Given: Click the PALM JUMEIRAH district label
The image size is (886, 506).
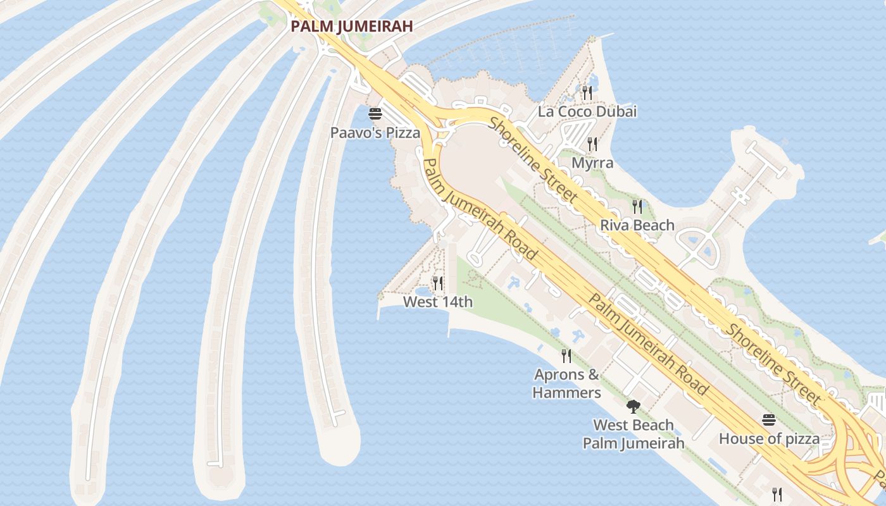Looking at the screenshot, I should pos(351,26).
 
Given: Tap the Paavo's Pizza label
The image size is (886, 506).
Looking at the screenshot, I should pos(375,133).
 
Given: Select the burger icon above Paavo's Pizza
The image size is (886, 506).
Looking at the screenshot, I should pos(375,114).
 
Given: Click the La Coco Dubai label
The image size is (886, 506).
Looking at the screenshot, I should pos(587,112).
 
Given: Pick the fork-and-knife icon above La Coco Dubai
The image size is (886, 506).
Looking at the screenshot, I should pos(587,93).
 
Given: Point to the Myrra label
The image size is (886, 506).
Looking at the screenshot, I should pos(592,163).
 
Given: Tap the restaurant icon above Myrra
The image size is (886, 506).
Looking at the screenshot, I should pos(592,144).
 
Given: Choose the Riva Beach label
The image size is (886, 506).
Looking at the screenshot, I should pos(637,225).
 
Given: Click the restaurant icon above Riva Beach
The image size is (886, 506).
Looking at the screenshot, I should pos(637,206).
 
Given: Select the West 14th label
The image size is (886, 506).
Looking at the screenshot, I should pos(438,302).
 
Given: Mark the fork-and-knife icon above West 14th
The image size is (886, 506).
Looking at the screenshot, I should pos(437,283).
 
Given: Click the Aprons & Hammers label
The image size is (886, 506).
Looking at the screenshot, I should pos(566,383).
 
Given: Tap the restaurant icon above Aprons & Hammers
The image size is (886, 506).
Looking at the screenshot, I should pos(566,356).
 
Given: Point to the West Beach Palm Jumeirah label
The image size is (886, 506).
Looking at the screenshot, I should pos(633,434).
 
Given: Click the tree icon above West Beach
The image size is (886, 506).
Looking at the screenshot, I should pos(633,406).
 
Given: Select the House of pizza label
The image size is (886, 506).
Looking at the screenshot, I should pos(769,438).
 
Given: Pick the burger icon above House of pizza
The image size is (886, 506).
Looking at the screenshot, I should pos(769,420).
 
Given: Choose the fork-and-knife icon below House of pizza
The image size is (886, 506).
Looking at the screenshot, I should pos(777,494).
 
